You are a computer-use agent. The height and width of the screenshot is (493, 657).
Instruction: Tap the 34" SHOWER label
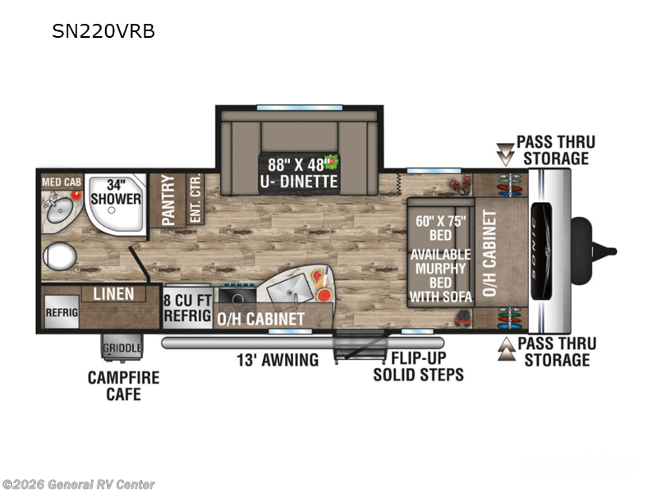click(x=116, y=191)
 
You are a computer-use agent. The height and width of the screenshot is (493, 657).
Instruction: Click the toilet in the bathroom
click(x=59, y=256)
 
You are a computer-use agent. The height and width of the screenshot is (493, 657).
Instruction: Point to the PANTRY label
click(x=168, y=200)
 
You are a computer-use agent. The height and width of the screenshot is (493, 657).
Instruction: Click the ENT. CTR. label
click(x=195, y=200)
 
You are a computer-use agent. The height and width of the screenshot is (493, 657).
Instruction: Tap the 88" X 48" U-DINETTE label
click(x=299, y=172)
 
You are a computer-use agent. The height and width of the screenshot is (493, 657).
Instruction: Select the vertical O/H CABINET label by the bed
click(x=491, y=252)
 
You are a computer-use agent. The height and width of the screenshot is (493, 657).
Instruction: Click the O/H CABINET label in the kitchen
click(x=261, y=318)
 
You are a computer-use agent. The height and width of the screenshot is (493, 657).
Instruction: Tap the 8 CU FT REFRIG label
click(x=188, y=306)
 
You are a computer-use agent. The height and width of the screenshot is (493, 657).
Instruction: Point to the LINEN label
click(x=113, y=293)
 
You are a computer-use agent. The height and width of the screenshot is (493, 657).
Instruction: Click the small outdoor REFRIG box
click(x=61, y=313)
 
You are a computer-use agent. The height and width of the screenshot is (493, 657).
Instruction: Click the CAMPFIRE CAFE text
click(x=123, y=386)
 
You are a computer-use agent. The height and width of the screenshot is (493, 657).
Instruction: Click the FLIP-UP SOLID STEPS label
click(x=418, y=366)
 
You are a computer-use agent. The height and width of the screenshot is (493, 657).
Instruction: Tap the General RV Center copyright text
click(x=79, y=485)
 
